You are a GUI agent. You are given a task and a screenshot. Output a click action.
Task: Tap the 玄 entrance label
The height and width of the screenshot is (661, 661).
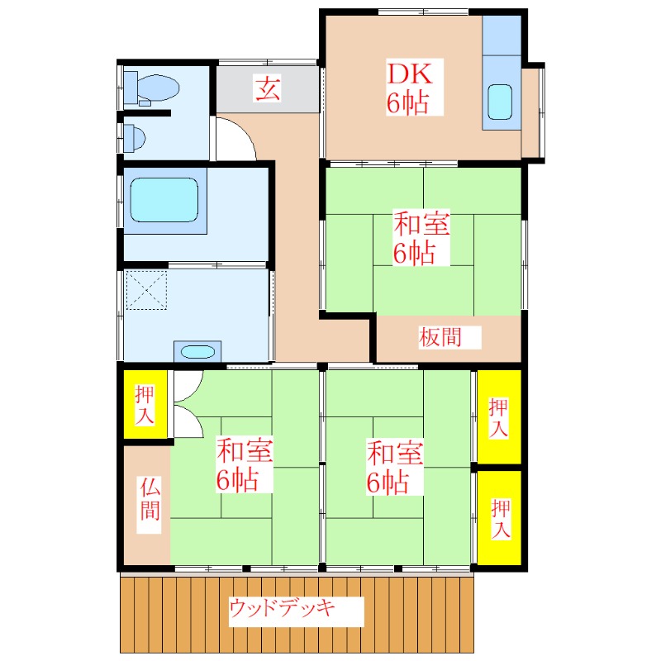[266, 88]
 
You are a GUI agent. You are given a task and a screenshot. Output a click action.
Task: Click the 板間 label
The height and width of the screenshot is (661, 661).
[439, 337]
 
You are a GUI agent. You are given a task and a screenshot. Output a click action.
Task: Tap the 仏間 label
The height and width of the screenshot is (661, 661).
[149, 499]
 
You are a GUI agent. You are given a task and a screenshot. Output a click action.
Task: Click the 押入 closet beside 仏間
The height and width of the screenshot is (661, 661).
[145, 405]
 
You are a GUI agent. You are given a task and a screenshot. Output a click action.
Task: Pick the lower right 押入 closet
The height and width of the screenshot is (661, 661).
[499, 518]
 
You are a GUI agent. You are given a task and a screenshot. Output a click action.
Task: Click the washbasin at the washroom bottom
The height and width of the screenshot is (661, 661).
[197, 351]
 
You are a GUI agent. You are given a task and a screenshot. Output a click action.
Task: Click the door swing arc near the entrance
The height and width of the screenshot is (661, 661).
[236, 139]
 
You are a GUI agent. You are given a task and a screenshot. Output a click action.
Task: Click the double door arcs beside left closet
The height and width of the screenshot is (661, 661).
[188, 406]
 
